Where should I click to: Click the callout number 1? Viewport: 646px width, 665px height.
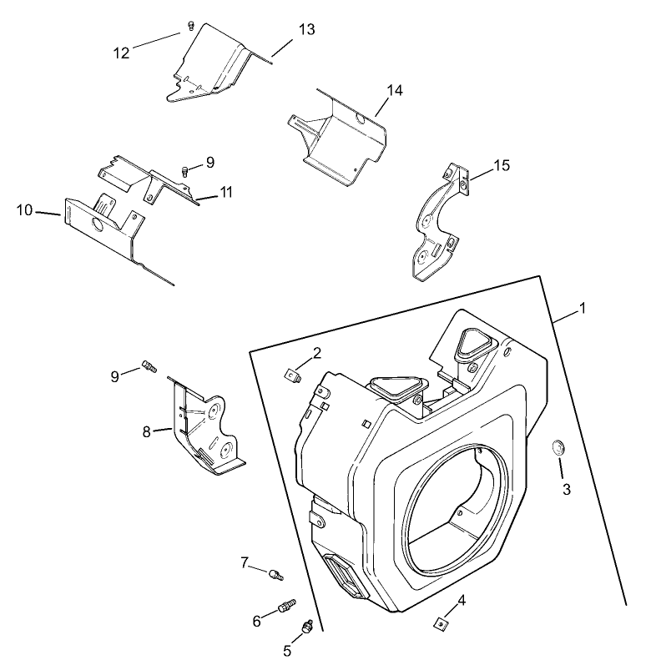click(x=583, y=308)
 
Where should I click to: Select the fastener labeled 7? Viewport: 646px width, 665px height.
click(x=276, y=573)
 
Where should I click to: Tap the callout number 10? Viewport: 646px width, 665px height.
click(x=24, y=209)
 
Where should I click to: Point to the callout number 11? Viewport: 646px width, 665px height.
click(x=226, y=193)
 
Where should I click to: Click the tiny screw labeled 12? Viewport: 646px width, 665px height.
click(x=190, y=26)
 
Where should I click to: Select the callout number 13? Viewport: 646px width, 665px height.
click(x=306, y=29)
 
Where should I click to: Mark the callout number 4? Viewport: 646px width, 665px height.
click(x=461, y=600)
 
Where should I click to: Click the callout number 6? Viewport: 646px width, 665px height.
click(x=256, y=621)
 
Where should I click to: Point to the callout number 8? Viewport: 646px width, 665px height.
click(x=147, y=431)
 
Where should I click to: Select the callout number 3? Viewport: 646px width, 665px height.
click(x=567, y=489)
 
